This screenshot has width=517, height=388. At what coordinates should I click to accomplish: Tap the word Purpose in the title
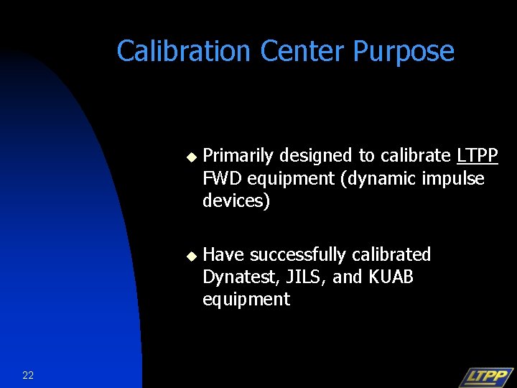404,52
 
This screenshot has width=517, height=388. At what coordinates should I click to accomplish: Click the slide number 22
28,375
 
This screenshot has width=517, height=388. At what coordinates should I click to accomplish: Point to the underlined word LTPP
477,156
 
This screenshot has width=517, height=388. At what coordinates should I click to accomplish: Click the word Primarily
239,156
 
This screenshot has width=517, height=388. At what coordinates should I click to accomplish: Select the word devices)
236,201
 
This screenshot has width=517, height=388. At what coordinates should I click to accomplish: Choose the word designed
316,156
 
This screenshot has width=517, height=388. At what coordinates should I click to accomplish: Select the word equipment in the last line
246,300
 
